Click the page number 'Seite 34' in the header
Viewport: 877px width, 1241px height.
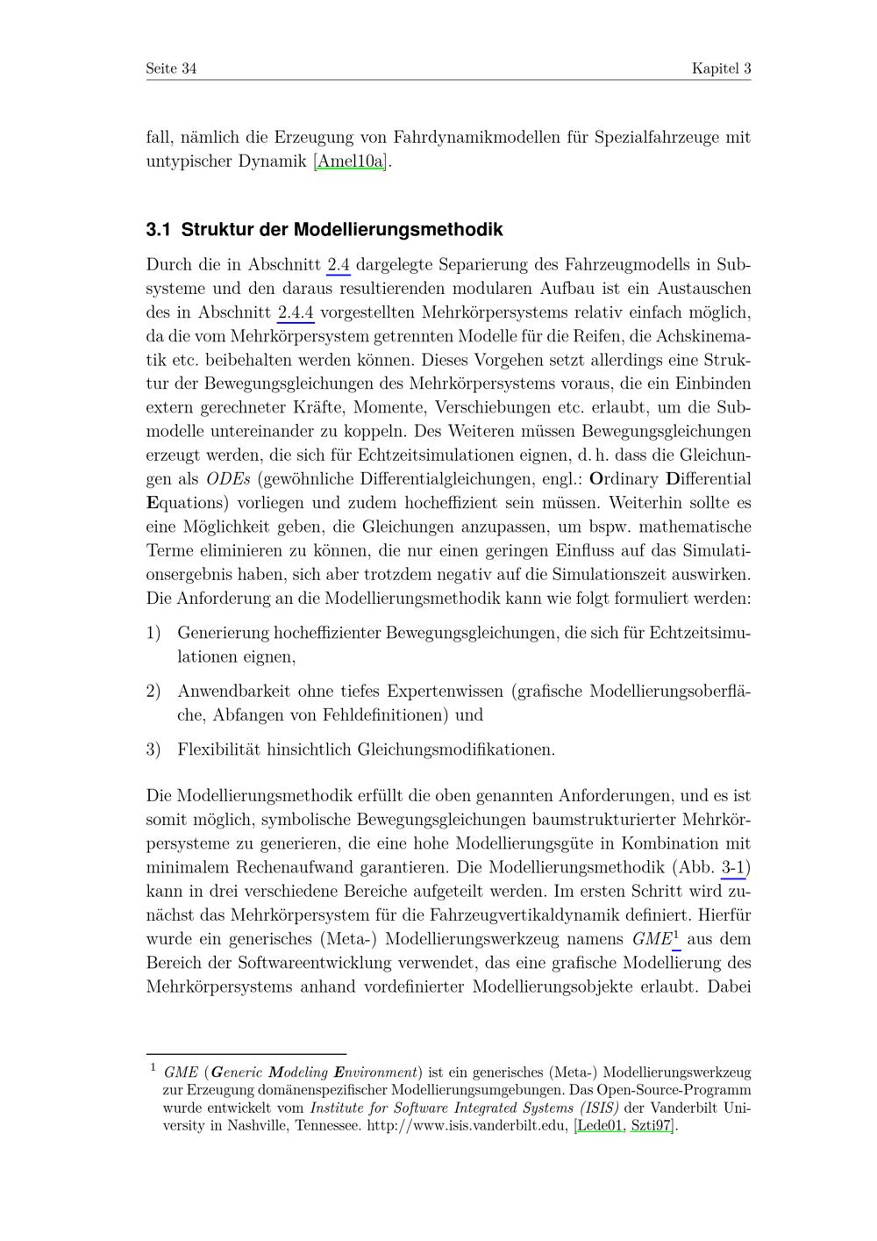pyautogui.click(x=171, y=68)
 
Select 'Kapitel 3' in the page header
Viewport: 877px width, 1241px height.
pyautogui.click(x=721, y=68)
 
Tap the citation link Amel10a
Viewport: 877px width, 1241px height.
pyautogui.click(x=350, y=161)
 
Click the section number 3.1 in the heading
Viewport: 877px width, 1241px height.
pyautogui.click(x=158, y=230)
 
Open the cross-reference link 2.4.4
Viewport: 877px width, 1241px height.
pyautogui.click(x=296, y=312)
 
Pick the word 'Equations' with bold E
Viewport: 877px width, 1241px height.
pyautogui.click(x=182, y=503)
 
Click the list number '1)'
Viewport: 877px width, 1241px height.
pyautogui.click(x=153, y=633)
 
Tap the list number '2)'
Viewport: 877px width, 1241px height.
pyautogui.click(x=153, y=692)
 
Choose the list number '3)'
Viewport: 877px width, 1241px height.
pyautogui.click(x=153, y=750)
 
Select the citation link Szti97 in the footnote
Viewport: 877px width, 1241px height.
pyautogui.click(x=652, y=1125)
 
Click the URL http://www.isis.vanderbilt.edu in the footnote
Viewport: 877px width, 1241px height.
pyautogui.click(x=467, y=1125)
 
